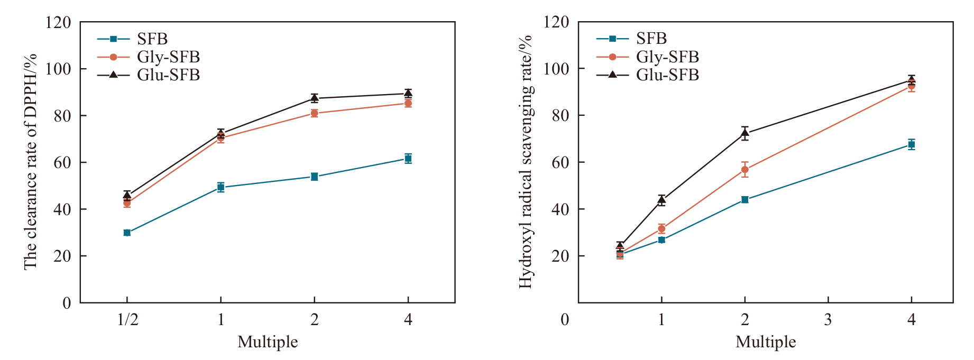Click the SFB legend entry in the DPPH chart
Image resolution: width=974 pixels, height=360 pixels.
152,39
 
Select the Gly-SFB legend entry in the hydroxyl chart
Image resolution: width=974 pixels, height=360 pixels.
667,57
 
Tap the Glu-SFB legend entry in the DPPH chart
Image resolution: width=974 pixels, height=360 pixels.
168,75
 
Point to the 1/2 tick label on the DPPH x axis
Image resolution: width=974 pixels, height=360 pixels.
127,319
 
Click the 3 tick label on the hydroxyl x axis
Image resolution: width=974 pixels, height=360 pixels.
828,319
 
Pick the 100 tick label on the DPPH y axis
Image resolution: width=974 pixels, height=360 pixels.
58,69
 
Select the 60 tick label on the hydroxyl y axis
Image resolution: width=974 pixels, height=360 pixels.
560,162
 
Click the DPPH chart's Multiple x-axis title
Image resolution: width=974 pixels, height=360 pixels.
268,341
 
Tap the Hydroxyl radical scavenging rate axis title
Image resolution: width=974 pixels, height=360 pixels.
525,162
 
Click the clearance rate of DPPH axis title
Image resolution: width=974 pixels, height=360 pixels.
31,162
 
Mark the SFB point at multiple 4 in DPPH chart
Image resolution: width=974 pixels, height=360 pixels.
408,158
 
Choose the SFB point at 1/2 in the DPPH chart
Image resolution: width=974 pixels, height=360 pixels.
127,233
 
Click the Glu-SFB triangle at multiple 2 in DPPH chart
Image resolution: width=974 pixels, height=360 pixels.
314,98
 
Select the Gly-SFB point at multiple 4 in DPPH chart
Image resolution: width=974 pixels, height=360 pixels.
408,103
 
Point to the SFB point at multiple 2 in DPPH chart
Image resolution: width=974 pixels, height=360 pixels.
314,177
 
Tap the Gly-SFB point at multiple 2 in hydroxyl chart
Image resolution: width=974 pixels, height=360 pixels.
745,170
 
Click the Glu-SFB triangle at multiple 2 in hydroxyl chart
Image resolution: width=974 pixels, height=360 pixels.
745,133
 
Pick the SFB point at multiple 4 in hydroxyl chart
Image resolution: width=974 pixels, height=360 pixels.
911,144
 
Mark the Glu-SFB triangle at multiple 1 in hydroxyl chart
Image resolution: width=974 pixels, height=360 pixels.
661,200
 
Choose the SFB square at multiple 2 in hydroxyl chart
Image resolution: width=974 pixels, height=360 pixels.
745,199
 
